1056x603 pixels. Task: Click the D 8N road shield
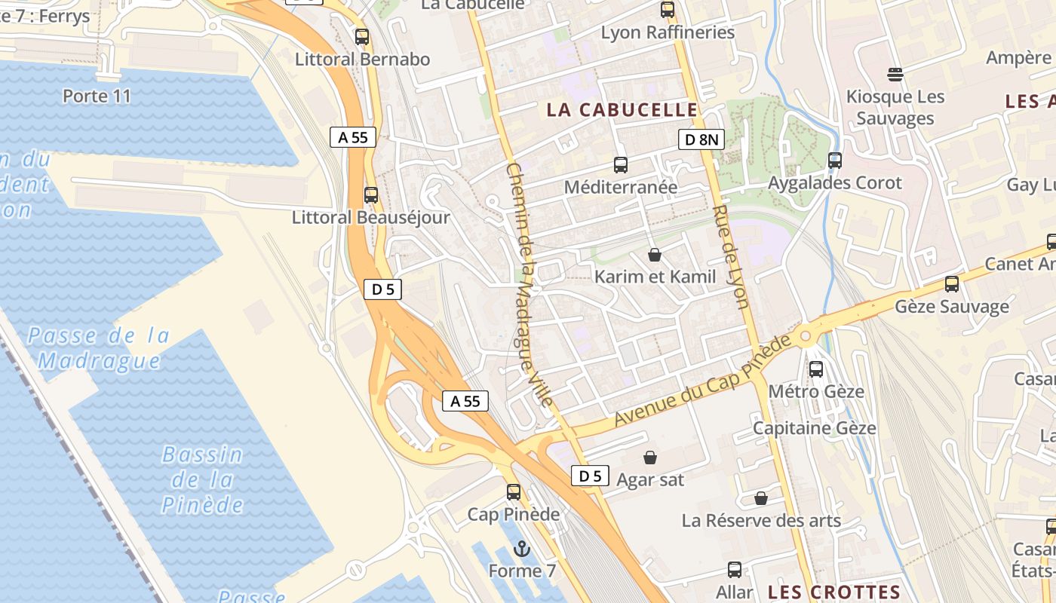pos(701,139)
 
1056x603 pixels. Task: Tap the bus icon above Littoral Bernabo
pos(362,36)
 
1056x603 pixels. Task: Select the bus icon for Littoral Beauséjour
pos(370,194)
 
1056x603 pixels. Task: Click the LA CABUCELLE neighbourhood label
pos(622,110)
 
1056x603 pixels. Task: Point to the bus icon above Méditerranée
pos(621,164)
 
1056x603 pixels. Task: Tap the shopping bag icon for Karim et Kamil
pos(655,255)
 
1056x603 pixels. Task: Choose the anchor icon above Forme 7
pos(522,548)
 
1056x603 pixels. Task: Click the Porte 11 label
pos(97,96)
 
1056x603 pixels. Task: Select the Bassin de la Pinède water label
pos(203,479)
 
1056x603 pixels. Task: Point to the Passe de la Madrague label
pos(99,347)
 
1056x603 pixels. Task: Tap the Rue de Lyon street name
pos(730,256)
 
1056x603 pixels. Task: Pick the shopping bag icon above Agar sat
pos(649,457)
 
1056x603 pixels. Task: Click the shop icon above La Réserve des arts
pos(761,498)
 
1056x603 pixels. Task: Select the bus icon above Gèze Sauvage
pos(952,284)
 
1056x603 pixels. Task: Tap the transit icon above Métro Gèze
pos(816,369)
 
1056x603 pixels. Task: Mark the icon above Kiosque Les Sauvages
pos(895,74)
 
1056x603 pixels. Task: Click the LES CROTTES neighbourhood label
pos(833,592)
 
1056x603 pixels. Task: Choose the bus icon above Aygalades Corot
pos(834,160)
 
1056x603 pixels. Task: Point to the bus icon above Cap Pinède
pos(514,492)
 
